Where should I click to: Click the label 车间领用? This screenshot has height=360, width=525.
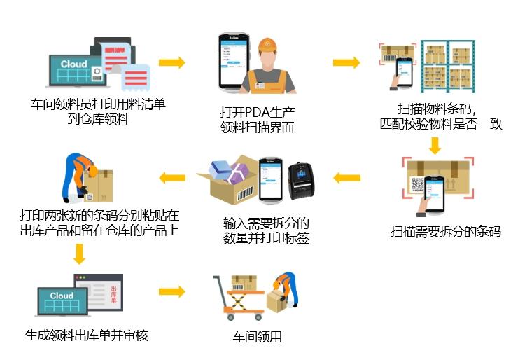click(256, 337)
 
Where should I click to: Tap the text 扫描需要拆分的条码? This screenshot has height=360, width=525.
click(445, 231)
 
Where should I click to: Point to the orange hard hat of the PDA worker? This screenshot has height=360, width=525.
click(268, 46)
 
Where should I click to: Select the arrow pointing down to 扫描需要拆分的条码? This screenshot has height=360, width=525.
click(435, 145)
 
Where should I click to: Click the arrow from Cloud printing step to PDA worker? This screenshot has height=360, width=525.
click(172, 63)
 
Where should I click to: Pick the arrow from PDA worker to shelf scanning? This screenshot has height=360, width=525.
click(346, 63)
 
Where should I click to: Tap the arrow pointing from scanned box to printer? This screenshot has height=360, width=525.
click(346, 178)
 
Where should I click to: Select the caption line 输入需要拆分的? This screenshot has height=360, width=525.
click(266, 224)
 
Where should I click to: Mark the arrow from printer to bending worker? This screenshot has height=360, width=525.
click(172, 178)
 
